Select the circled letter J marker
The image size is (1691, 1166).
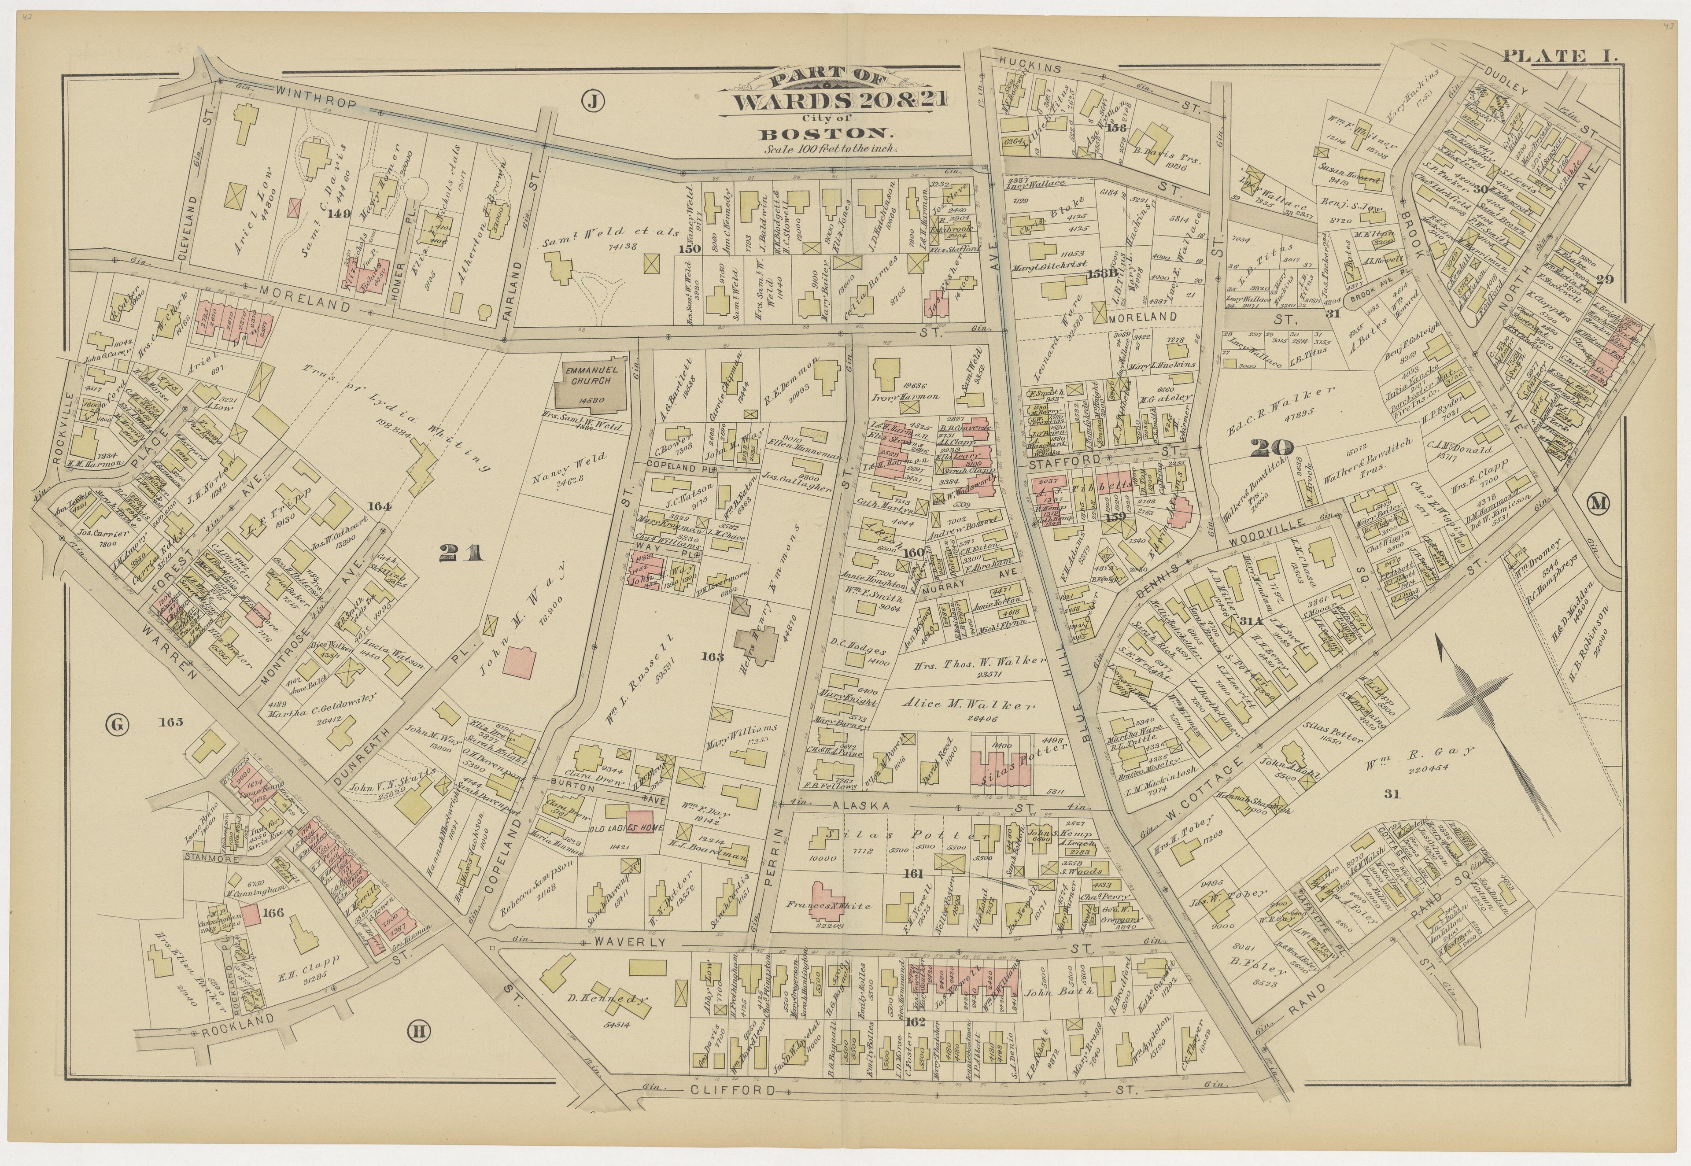click(593, 103)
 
